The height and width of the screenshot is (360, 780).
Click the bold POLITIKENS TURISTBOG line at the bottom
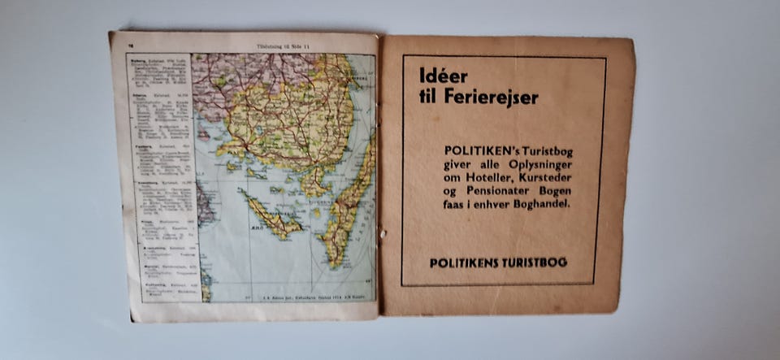click(x=499, y=262)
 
